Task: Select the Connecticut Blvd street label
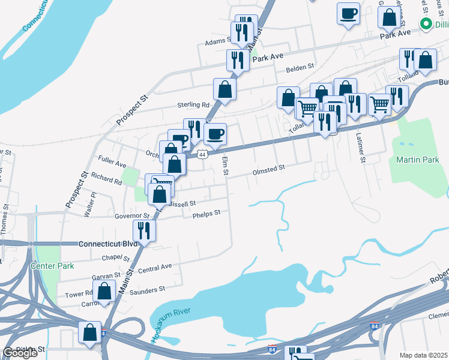(x=107, y=244)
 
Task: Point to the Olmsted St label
(x=268, y=170)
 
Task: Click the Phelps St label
(x=206, y=213)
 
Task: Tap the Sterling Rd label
(x=192, y=105)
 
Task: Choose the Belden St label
(x=300, y=67)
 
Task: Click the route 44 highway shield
(x=202, y=154)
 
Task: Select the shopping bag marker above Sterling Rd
(x=224, y=89)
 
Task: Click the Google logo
(x=20, y=353)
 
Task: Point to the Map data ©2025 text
(x=424, y=355)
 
